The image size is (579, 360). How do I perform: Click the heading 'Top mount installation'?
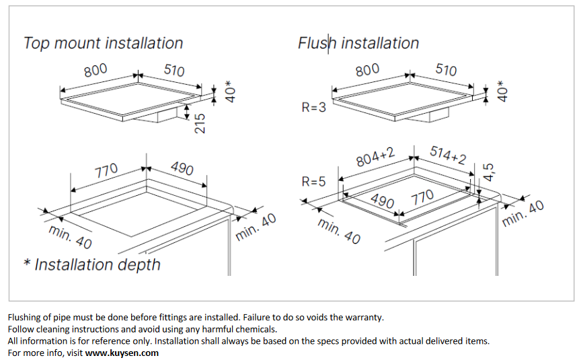tap(103, 43)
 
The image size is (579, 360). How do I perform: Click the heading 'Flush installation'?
tap(358, 43)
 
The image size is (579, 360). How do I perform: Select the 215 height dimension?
tap(199, 123)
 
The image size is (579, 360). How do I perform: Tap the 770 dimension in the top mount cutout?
tap(107, 171)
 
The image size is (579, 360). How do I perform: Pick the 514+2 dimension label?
tap(448, 155)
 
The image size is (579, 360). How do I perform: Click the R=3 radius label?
tap(313, 107)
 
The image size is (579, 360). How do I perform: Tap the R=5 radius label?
tap(313, 182)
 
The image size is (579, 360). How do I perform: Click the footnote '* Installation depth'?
tap(92, 264)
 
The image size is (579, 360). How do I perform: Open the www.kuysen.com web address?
tap(122, 353)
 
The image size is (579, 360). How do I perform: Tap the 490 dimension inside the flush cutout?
tap(382, 201)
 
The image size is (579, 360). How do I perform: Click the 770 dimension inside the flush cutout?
tap(422, 197)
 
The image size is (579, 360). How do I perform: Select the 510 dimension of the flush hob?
tap(446, 70)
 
